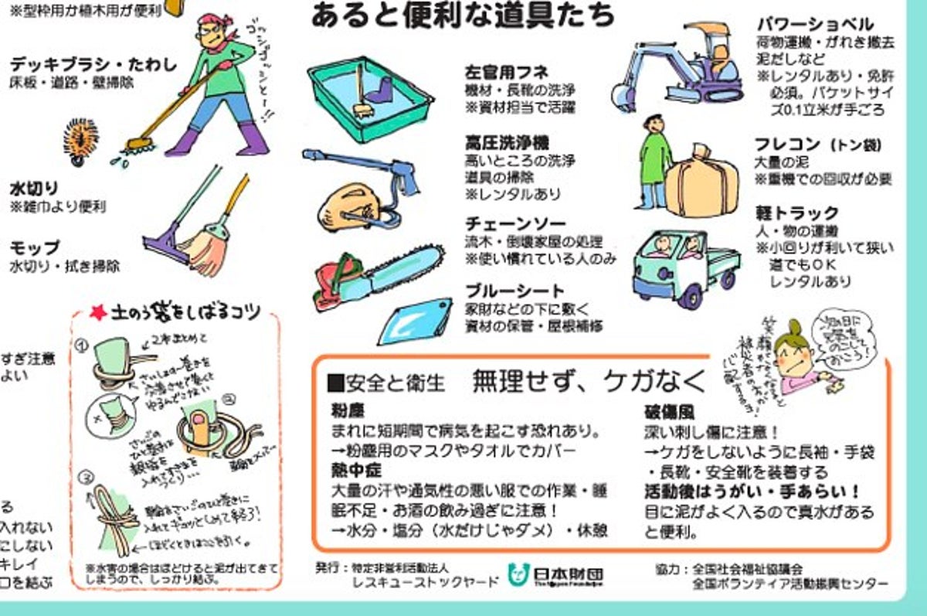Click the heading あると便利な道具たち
click(x=463, y=15)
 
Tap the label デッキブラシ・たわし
click(x=93, y=65)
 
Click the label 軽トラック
click(x=796, y=213)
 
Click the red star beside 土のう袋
click(x=97, y=313)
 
